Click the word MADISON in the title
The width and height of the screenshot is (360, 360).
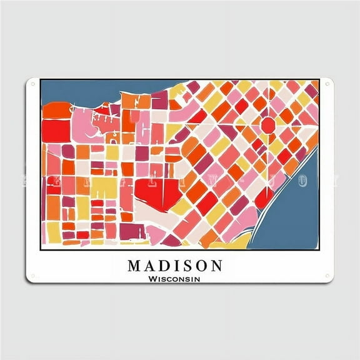click(175, 266)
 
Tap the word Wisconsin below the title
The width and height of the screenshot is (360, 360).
click(175, 279)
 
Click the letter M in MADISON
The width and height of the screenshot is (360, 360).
click(135, 266)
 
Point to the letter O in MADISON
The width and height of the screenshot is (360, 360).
click(201, 266)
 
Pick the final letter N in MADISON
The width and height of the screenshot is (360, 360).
click(215, 266)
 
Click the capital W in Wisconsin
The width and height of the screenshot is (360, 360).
click(153, 279)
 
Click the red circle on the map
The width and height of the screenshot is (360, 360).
click(267, 124)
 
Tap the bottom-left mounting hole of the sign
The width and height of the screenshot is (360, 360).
click(33, 276)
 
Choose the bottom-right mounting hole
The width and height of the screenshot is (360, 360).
click(327, 276)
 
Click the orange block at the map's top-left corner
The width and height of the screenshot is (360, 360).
click(53, 111)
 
